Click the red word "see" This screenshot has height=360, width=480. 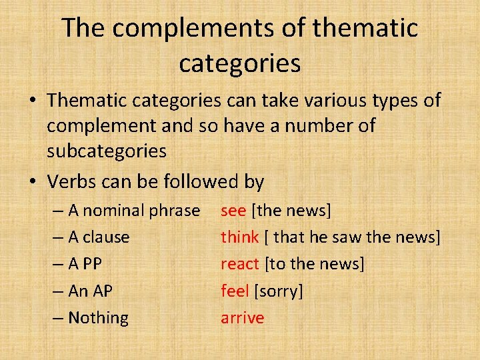233,211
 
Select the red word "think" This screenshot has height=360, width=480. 240,237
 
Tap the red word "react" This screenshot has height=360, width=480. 239,264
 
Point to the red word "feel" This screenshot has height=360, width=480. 235,291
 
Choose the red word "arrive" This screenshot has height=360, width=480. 243,318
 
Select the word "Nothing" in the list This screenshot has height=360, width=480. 99,318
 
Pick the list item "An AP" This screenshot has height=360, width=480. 91,291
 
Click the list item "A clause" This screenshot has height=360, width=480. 99,237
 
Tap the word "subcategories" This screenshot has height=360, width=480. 107,151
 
